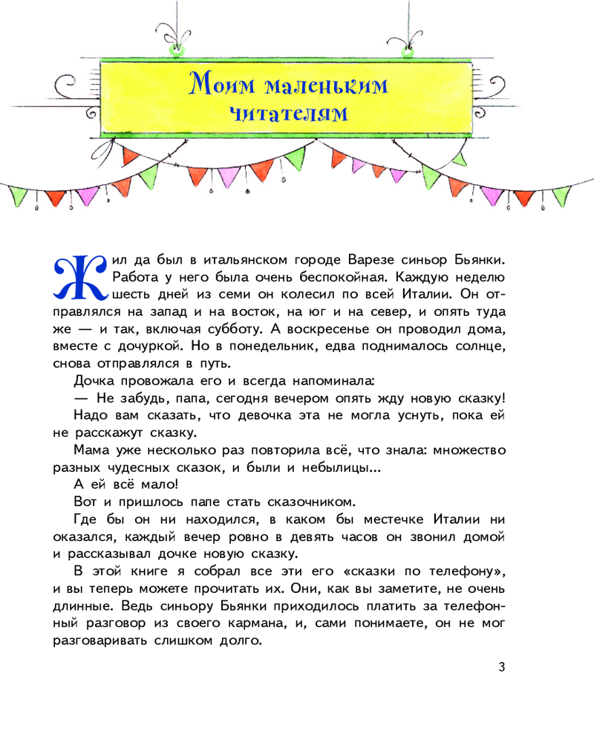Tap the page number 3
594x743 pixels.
[x=502, y=667]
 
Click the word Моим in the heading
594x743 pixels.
[x=218, y=85]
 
